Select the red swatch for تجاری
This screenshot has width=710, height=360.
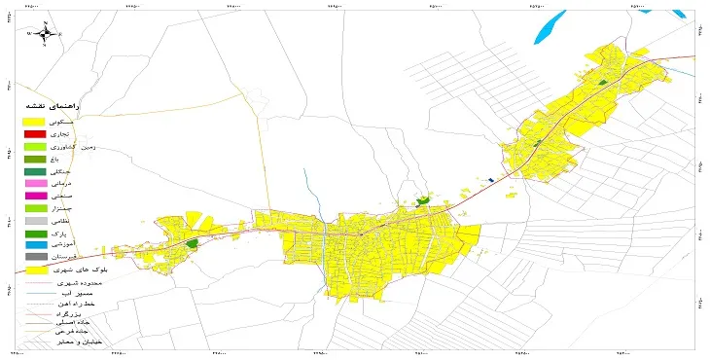click(x=35, y=133)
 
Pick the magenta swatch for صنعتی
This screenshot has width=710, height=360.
click(x=35, y=196)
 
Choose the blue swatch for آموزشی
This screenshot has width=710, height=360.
click(x=35, y=245)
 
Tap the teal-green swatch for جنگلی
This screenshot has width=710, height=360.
click(x=35, y=171)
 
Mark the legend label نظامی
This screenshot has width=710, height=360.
click(x=88, y=222)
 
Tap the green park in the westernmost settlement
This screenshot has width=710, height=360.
click(x=193, y=242)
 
